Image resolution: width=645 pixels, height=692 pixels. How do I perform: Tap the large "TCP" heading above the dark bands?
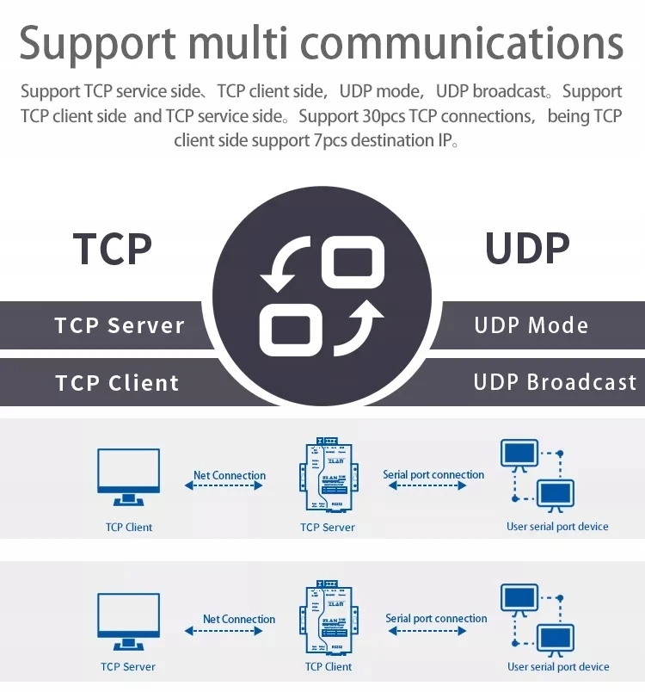pyautogui.click(x=113, y=249)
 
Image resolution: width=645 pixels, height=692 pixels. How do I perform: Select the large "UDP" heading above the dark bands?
pyautogui.click(x=527, y=248)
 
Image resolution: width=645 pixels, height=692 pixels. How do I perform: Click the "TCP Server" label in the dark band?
pyautogui.click(x=120, y=325)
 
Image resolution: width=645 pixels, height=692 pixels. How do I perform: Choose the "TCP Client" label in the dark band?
pyautogui.click(x=117, y=383)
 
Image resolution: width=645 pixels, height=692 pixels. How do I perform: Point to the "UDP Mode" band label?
pyautogui.click(x=531, y=325)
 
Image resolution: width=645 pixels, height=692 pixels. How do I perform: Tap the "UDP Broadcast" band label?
pyautogui.click(x=555, y=382)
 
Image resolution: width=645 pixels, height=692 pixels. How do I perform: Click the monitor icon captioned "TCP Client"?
pyautogui.click(x=128, y=477)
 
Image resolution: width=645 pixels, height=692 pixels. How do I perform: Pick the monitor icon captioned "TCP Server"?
pyautogui.click(x=128, y=621)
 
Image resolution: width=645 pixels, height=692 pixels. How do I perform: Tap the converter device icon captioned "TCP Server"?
pyautogui.click(x=329, y=475)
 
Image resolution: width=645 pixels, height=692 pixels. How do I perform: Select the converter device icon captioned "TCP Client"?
pyautogui.click(x=329, y=618)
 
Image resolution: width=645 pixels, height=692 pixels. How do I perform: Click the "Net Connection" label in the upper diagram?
pyautogui.click(x=230, y=475)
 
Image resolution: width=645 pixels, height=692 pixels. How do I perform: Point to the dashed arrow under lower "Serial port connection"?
pyautogui.click(x=427, y=631)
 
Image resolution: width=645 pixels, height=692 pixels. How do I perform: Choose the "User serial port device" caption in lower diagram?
pyautogui.click(x=558, y=666)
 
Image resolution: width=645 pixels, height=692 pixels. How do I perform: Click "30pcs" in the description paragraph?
pyautogui.click(x=384, y=116)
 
